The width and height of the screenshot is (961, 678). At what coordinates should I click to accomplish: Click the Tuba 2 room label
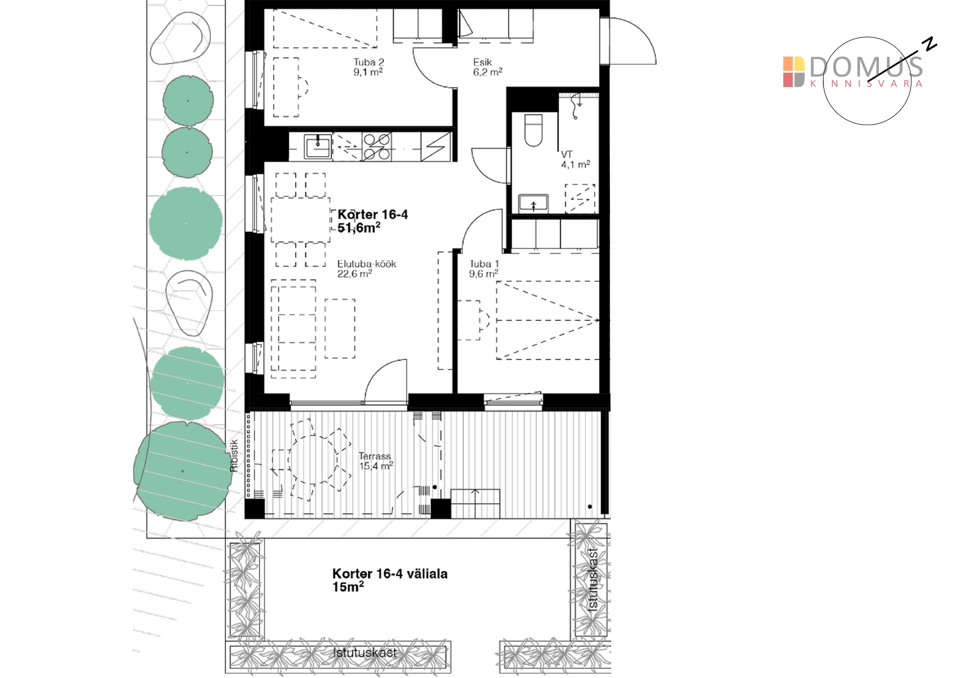368,67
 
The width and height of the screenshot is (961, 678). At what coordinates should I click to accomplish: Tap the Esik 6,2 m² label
488,67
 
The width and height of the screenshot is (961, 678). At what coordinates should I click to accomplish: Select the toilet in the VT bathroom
533,131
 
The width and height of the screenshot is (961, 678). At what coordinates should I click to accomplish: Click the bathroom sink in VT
533,203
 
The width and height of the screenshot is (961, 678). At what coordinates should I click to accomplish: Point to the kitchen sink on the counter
318,147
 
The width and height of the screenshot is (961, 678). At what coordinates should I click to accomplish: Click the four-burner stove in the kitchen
376,147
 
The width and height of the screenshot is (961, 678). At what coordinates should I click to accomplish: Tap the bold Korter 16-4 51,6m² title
373,221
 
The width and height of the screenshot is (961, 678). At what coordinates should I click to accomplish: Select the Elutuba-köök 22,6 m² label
366,269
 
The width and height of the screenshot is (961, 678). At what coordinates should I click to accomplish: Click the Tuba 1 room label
484,269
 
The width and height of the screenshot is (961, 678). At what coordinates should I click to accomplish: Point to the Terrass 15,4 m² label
375,461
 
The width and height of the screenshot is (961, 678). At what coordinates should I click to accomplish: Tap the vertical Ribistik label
234,456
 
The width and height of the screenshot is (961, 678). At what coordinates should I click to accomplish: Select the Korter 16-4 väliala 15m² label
390,580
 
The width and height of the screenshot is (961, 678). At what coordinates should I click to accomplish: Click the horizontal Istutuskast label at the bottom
365,652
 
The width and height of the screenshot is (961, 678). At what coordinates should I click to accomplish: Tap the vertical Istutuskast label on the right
593,579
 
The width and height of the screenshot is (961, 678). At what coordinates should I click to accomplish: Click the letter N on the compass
930,44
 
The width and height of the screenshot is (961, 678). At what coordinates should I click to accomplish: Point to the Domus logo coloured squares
794,72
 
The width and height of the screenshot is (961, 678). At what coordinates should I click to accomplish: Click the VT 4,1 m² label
575,160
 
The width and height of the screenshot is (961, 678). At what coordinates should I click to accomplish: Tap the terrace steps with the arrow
475,503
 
